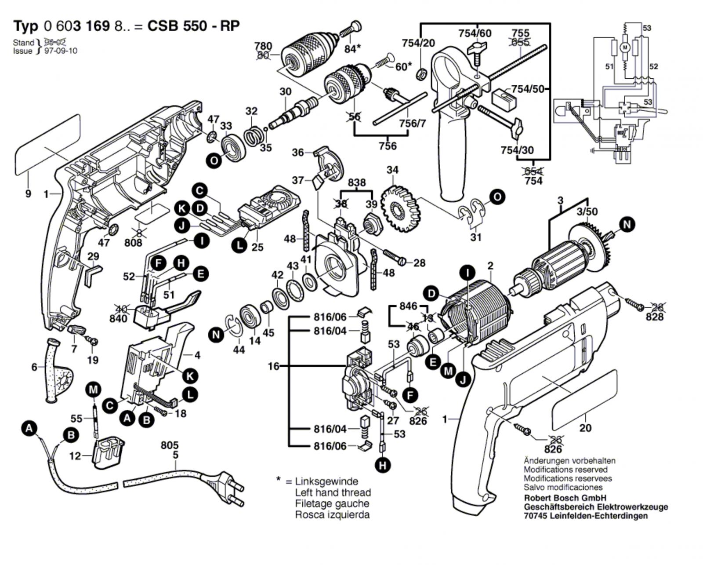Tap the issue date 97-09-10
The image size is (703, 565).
61,51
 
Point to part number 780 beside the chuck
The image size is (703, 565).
263,46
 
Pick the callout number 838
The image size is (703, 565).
357,182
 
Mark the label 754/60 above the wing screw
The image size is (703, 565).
475,33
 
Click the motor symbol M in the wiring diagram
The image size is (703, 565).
625,45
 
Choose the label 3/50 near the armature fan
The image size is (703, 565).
587,211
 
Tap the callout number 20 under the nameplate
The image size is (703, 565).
585,427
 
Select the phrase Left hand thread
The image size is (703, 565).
333,492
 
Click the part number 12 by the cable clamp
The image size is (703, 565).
76,456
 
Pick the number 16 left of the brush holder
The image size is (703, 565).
274,366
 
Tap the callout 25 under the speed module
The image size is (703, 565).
257,247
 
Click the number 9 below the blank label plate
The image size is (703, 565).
28,193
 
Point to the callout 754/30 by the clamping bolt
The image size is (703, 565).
517,150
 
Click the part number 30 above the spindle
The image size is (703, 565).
286,91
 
